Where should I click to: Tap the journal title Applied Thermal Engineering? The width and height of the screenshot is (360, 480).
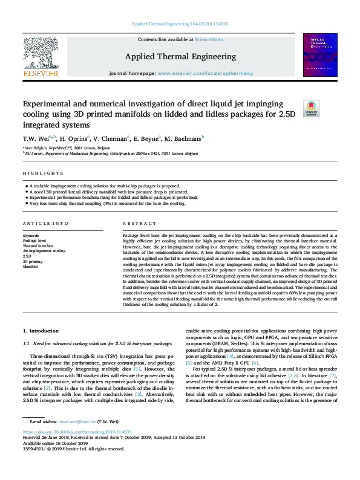point(180,57)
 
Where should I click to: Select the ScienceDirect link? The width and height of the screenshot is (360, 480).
point(209,39)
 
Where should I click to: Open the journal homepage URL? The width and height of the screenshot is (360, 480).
point(205,73)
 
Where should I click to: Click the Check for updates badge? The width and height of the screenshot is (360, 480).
point(311,108)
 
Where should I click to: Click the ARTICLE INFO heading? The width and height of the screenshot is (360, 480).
point(45,223)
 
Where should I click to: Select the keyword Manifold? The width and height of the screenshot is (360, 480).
point(31,266)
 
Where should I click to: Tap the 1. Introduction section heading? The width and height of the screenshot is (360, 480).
point(41,331)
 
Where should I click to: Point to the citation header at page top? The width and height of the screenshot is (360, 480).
point(180,25)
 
